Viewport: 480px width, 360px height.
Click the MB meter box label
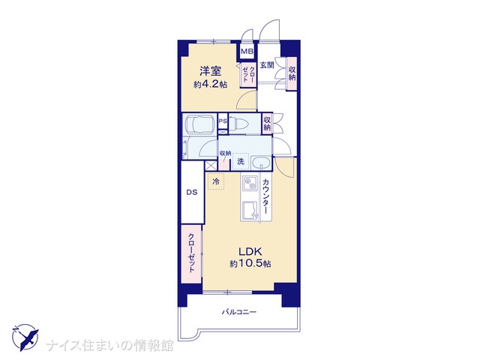coord(247,52)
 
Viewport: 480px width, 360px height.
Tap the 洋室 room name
coord(210,71)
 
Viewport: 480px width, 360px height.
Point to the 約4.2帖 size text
coord(210,84)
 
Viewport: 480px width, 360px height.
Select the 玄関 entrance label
coord(267,65)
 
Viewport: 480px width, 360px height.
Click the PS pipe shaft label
coord(223,121)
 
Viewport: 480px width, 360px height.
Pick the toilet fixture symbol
coord(240,123)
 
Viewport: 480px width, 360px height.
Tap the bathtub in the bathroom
coord(200,124)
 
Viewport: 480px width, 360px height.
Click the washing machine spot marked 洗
coord(241,161)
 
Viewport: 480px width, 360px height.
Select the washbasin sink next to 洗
coord(261,163)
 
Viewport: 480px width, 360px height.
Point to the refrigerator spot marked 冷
coord(216,181)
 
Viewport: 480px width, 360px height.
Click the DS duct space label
coord(192,193)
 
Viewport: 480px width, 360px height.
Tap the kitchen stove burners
coord(249,183)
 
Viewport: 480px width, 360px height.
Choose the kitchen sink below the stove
coord(250,211)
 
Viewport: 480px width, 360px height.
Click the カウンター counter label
coord(265,196)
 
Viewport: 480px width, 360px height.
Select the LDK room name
coord(250,252)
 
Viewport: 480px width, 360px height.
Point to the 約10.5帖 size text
coord(250,263)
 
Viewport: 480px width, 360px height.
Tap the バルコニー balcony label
coord(239,312)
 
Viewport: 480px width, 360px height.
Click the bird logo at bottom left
coord(25,337)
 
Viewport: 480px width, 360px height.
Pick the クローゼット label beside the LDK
coord(192,253)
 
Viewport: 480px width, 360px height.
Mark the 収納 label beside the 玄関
coord(292,73)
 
